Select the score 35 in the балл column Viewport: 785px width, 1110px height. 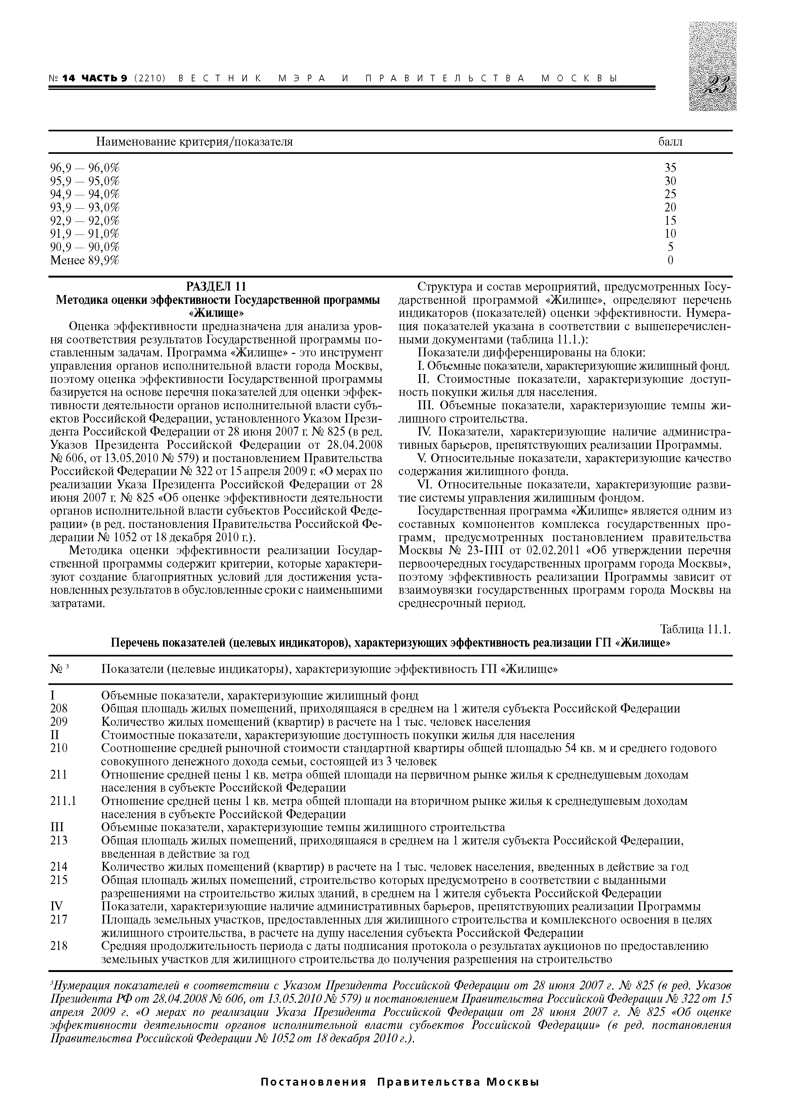point(670,168)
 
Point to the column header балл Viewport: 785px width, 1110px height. point(670,142)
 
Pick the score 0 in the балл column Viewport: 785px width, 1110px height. point(670,260)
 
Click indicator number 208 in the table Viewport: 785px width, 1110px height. point(59,708)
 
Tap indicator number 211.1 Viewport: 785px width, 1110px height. point(63,801)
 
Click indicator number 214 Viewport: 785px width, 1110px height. point(59,866)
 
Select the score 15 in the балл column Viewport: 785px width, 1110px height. point(670,221)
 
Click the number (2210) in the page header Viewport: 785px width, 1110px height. point(149,78)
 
